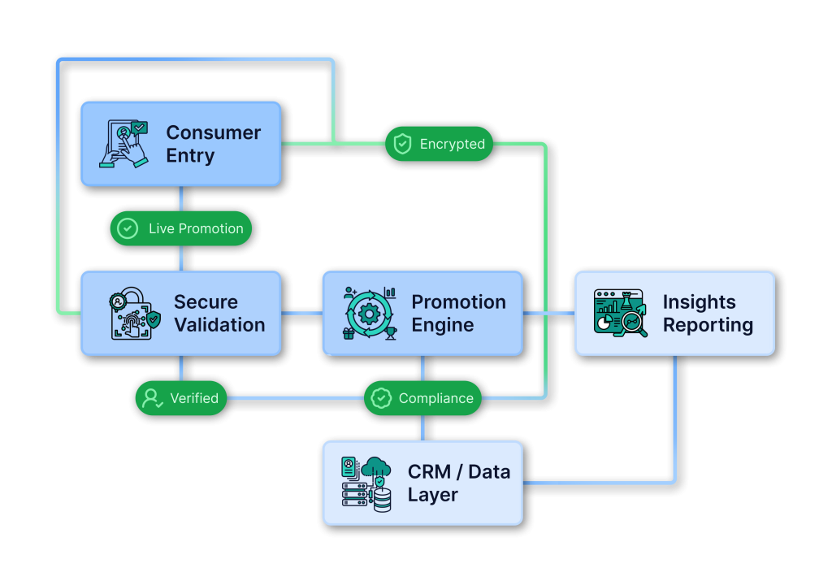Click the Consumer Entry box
pyautogui.click(x=180, y=144)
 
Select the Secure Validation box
pyautogui.click(x=180, y=313)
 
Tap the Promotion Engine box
pyautogui.click(x=422, y=313)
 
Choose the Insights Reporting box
pyautogui.click(x=674, y=313)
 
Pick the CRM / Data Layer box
pyautogui.click(x=422, y=483)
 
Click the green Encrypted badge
pyautogui.click(x=439, y=144)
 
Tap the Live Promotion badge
pyautogui.click(x=180, y=228)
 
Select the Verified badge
pyautogui.click(x=180, y=398)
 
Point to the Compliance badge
pyautogui.click(x=422, y=398)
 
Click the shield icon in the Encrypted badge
pyautogui.click(x=402, y=144)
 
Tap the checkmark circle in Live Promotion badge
pyautogui.click(x=128, y=228)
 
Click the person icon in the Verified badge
pyautogui.click(x=152, y=398)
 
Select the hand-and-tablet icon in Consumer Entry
pyautogui.click(x=123, y=144)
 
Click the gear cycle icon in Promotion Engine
pyautogui.click(x=370, y=313)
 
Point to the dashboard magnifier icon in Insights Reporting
pyautogui.click(x=621, y=313)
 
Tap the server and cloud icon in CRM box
pyautogui.click(x=366, y=483)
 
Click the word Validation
pyautogui.click(x=219, y=325)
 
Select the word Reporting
pyautogui.click(x=708, y=325)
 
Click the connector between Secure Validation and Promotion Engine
pyautogui.click(x=301, y=313)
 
